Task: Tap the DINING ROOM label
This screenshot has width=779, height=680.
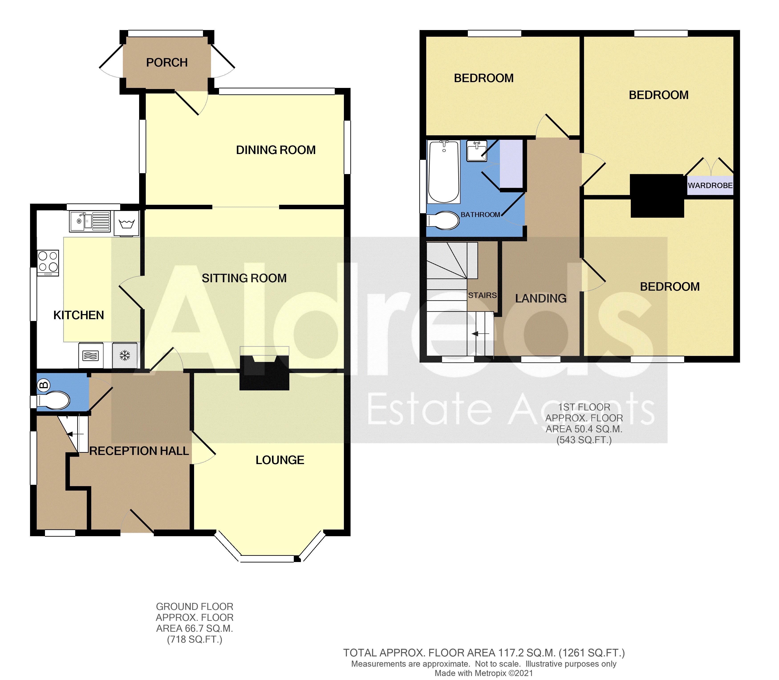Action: coord(276,150)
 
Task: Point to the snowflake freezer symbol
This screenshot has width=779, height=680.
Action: coord(125,355)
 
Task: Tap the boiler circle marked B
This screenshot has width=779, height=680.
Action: coord(44,386)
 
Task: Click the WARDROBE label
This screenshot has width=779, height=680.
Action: coord(710,186)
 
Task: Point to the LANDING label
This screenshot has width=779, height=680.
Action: coord(540,298)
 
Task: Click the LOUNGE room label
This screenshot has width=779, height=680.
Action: coord(280,460)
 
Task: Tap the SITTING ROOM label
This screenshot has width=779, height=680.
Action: coord(244,278)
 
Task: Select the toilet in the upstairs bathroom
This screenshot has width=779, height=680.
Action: coord(443,220)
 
